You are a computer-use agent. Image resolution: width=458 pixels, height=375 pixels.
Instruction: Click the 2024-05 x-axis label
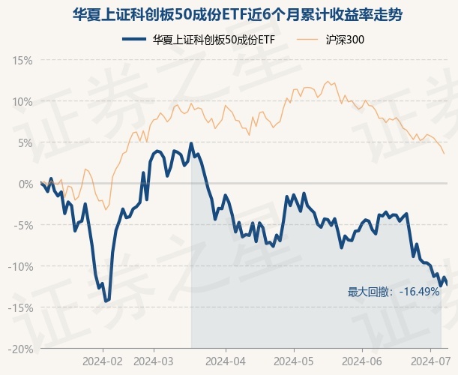tap(293, 361)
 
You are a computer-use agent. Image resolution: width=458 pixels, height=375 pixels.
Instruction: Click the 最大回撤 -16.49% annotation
tap(393, 292)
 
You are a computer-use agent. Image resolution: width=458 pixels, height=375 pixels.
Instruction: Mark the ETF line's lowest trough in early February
tap(106, 301)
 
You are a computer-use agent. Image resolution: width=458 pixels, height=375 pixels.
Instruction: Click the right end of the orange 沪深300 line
tap(445, 154)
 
